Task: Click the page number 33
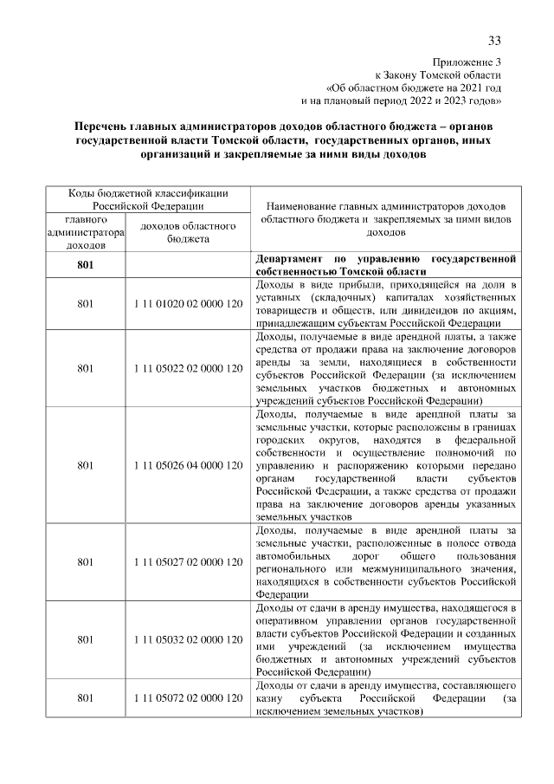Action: tap(494, 41)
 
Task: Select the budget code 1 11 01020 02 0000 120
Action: tap(188, 304)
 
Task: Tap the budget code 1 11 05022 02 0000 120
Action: tap(188, 368)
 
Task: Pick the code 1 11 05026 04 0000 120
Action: tap(188, 465)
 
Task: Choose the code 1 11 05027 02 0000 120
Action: tap(188, 562)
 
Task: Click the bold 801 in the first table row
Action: tap(85, 264)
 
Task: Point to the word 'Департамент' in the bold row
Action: tap(289, 258)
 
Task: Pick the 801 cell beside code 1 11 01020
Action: tap(85, 304)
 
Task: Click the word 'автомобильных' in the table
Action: tap(295, 555)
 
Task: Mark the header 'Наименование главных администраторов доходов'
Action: tap(385, 208)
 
